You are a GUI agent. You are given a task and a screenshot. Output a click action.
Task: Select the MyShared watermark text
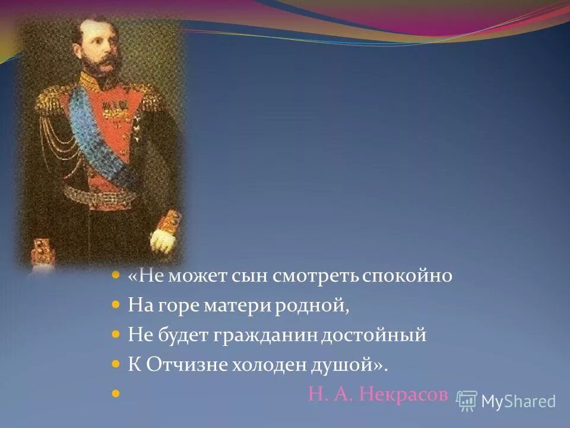(518, 401)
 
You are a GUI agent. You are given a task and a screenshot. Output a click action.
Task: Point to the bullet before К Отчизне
(116, 364)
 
